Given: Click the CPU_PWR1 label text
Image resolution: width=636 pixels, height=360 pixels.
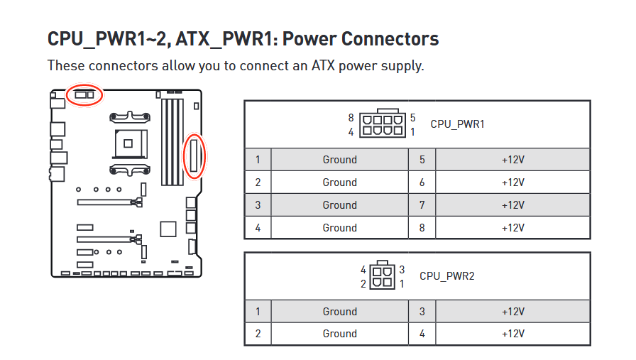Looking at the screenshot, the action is pos(457,124).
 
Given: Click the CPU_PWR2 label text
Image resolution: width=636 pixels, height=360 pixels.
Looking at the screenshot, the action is pos(446,276).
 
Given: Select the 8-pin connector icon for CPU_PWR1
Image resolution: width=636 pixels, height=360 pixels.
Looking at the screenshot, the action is pos(383,123).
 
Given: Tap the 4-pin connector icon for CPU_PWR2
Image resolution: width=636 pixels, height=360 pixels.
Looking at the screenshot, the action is pos(382,275).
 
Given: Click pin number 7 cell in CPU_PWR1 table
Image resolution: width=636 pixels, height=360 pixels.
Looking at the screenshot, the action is pos(422,205).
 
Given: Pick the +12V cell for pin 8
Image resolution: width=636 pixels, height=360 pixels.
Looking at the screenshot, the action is pos(512,228).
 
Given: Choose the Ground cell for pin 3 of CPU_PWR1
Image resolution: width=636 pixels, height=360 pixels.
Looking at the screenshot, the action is pos(339,205).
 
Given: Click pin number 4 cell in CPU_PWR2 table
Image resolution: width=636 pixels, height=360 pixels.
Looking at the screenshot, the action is pos(422,334).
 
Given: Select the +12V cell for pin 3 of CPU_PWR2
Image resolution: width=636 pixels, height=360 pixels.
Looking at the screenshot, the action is pos(512,312).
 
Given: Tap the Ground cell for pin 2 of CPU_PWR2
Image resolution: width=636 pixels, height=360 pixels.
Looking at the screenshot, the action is pos(339,334).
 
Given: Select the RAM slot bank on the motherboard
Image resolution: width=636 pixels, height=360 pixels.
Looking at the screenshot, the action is pos(172,142).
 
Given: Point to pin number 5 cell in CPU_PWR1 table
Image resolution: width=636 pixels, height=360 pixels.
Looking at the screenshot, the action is pos(422,160).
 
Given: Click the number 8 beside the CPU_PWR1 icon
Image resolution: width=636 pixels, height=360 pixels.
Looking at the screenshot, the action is pos(351,118).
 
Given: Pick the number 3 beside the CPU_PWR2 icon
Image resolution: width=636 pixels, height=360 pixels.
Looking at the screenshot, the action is pos(402,270).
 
